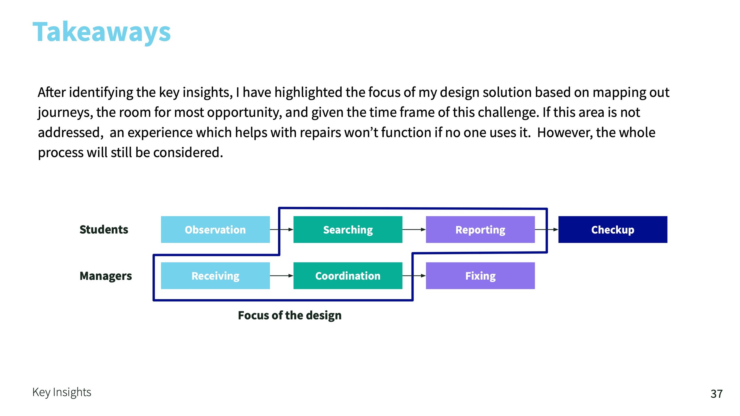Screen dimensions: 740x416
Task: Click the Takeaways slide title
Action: pos(102,32)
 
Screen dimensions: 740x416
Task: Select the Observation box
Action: pos(215,230)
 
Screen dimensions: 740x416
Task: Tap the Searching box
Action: pos(348,230)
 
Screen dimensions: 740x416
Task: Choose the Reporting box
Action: pos(480,230)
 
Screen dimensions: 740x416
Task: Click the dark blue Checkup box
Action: pos(613,230)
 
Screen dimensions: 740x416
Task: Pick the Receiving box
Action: pos(215,276)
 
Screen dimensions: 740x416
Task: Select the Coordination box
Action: pos(348,276)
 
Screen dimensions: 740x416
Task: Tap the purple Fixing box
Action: pos(480,276)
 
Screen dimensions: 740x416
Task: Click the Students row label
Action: pos(104,230)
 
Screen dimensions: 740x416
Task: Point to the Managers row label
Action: pos(106,276)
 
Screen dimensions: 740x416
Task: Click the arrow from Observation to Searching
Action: pos(281,230)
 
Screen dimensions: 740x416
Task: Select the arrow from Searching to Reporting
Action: pos(414,230)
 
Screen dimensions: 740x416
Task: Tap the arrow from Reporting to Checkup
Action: pos(547,230)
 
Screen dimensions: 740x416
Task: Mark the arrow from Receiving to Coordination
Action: pos(281,276)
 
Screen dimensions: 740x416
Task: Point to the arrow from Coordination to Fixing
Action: pos(414,276)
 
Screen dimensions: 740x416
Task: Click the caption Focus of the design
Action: pos(290,315)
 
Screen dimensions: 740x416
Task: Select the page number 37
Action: pos(717,394)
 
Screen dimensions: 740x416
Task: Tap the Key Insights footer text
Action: pos(62,392)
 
